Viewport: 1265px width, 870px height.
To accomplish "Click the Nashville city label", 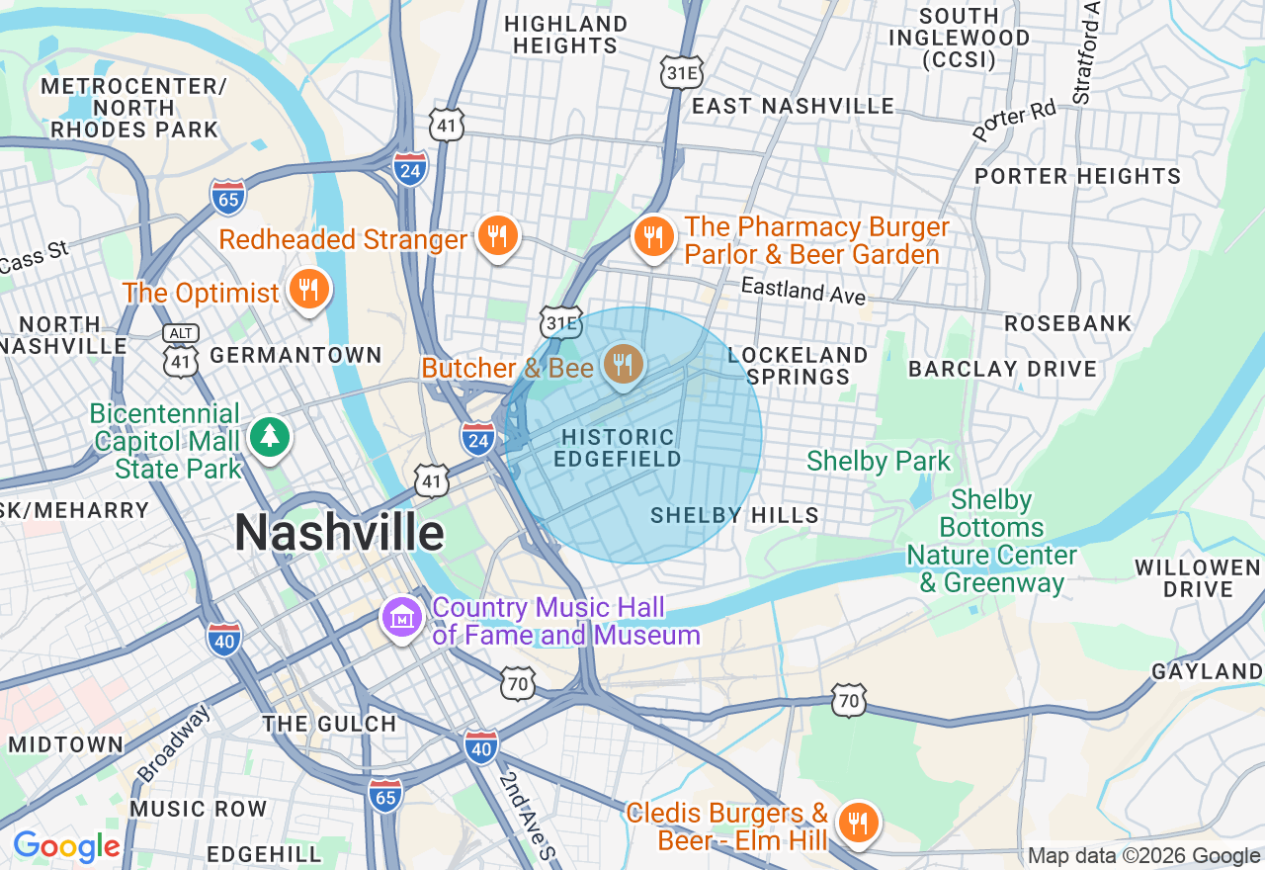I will tap(339, 533).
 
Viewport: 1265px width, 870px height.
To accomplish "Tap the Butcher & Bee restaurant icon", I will tap(623, 366).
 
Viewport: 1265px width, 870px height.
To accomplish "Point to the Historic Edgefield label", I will tap(618, 448).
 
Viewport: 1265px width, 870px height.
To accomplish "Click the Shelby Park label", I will tap(879, 461).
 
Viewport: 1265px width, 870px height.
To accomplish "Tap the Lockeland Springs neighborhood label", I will tap(798, 366).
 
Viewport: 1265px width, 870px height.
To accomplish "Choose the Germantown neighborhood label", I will tap(296, 355).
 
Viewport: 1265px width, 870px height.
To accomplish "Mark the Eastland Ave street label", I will tap(803, 291).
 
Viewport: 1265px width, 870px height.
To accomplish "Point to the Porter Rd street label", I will tap(1014, 121).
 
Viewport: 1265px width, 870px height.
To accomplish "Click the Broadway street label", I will tap(174, 741).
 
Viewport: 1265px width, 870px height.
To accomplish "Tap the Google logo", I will tap(66, 847).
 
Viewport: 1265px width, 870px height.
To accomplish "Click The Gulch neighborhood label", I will tap(329, 724).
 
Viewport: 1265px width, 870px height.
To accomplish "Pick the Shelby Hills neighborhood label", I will tap(734, 515).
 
